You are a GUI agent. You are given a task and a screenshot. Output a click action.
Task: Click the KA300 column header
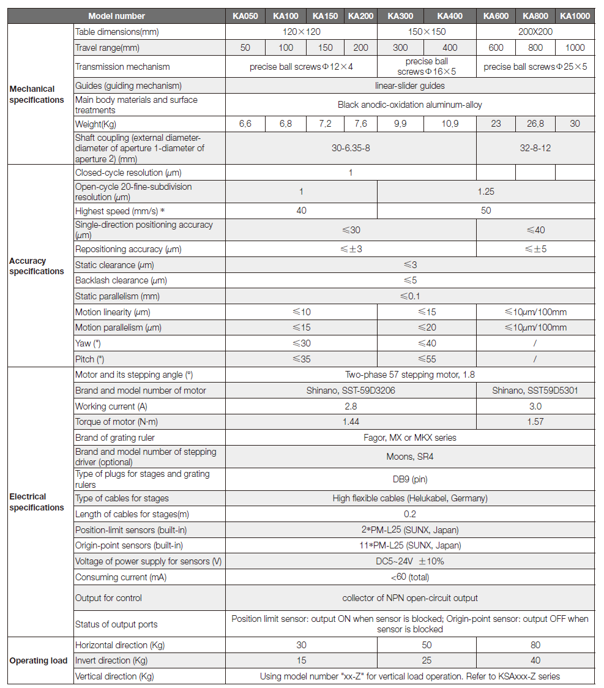click(401, 16)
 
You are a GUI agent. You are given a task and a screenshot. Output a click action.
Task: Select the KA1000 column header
click(575, 16)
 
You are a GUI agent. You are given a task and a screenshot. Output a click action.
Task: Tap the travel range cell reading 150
click(326, 48)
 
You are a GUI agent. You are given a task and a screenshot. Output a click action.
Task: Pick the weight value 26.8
click(535, 124)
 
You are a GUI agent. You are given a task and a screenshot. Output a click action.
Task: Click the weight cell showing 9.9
click(401, 124)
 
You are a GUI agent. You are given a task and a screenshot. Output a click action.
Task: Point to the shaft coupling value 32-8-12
click(535, 148)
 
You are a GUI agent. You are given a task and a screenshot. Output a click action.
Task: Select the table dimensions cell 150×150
click(427, 32)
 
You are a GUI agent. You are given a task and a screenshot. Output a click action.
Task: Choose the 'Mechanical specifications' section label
click(37, 94)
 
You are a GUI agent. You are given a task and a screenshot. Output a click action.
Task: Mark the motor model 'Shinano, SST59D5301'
click(535, 391)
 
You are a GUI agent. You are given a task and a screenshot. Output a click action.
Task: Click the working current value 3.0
click(535, 406)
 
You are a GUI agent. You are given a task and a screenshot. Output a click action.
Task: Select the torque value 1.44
click(351, 422)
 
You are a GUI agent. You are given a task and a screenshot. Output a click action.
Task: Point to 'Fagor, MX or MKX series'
click(409, 438)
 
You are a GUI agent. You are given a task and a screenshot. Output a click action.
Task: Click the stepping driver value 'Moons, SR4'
click(409, 457)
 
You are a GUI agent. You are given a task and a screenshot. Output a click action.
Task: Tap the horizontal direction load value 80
click(535, 645)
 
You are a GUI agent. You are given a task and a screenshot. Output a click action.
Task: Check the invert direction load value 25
click(427, 660)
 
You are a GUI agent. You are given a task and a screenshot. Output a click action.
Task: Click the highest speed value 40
click(301, 211)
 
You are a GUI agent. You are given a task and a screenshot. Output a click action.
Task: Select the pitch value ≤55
click(427, 359)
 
